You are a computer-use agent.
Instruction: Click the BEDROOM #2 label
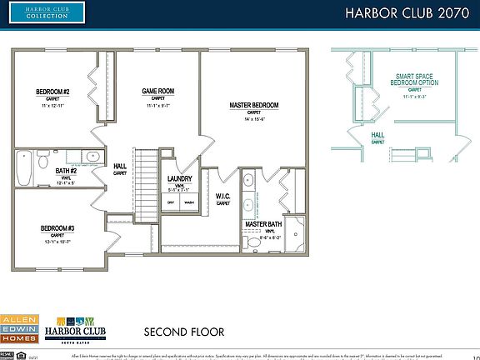[52, 92]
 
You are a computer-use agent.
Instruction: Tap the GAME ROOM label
[157, 92]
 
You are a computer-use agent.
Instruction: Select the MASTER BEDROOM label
[253, 105]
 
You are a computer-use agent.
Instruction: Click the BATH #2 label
[67, 172]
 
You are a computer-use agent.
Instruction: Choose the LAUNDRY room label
[180, 178]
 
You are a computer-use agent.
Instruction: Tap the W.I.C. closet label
[223, 197]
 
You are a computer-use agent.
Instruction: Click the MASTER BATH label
[262, 225]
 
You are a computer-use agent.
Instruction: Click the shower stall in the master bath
[295, 233]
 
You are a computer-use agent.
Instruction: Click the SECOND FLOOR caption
[183, 332]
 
